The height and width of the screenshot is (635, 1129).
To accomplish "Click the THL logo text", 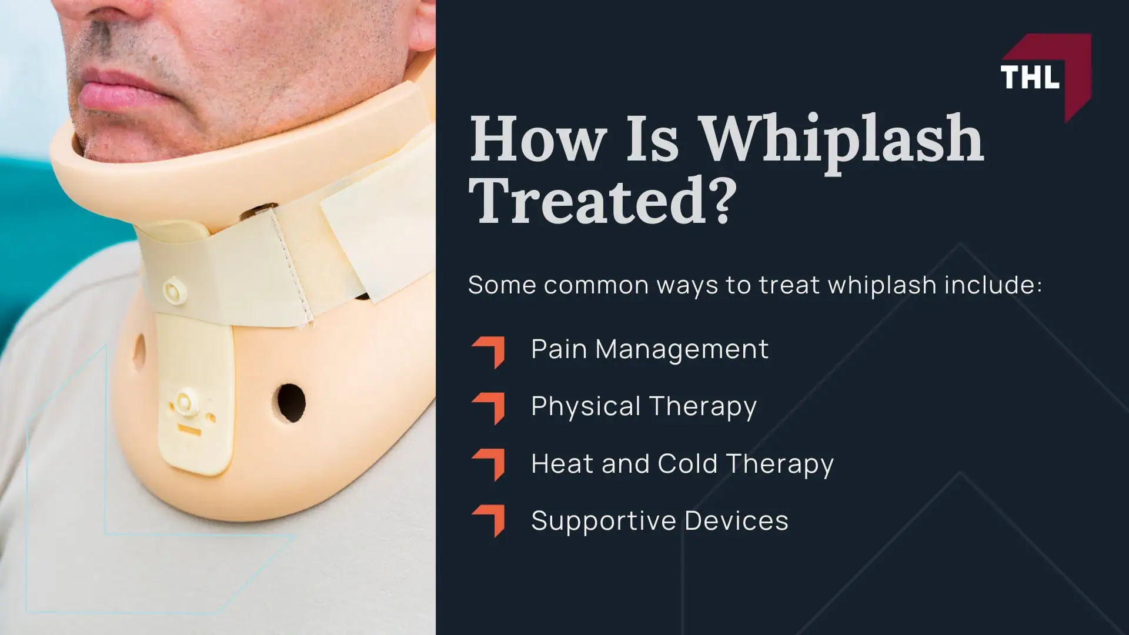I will coord(1030,77).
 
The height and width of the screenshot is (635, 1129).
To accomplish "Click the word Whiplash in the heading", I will coord(843,139).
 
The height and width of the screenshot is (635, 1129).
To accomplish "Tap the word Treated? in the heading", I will coord(603,200).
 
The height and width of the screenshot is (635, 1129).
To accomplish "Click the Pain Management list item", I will coord(649,349).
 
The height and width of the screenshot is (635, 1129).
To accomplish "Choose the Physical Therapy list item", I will coord(643,406).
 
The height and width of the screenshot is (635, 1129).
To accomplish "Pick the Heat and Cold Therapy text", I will coord(682,464).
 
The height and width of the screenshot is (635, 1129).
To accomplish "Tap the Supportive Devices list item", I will coord(659,521).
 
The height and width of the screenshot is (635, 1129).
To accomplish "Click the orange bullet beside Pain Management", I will coord(489,352).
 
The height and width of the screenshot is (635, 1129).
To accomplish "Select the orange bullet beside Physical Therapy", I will coord(489,408).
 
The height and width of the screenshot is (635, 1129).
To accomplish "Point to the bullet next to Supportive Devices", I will coord(489,520).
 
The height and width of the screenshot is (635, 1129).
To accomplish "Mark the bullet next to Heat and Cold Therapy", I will coord(489,464).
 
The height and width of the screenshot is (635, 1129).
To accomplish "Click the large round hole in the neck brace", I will coord(290,403).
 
